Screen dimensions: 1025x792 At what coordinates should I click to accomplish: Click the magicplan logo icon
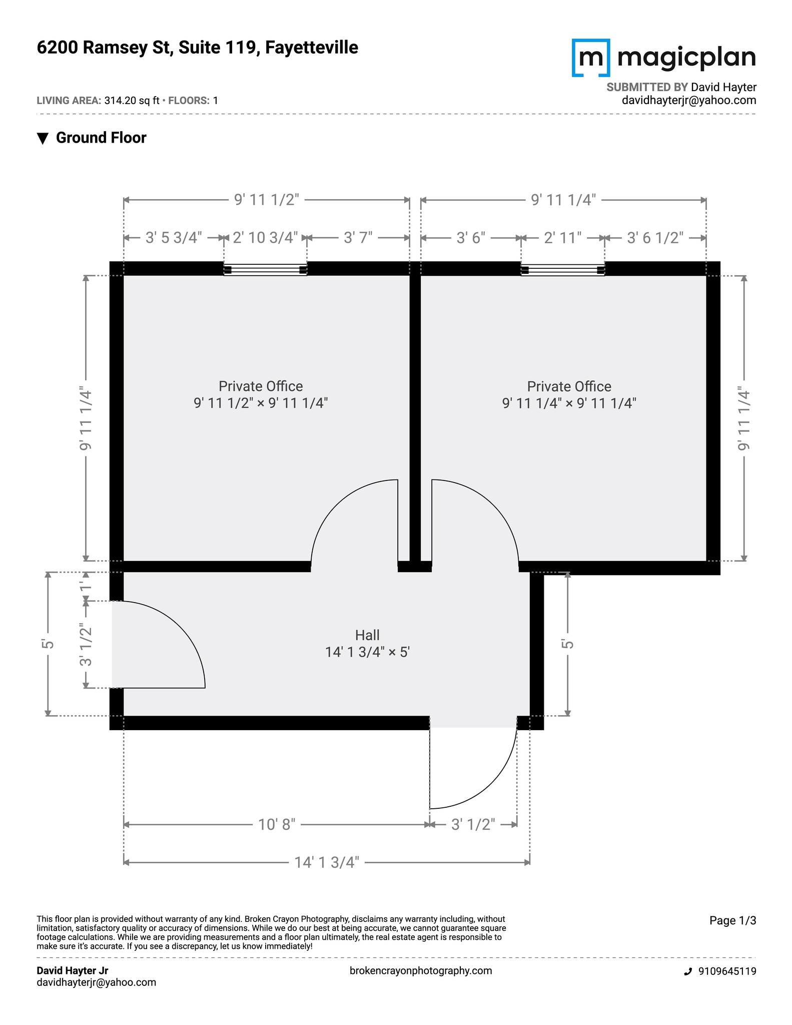[x=591, y=58]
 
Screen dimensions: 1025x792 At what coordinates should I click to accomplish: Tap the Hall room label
[x=367, y=635]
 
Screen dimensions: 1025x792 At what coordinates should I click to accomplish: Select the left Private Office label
[x=261, y=386]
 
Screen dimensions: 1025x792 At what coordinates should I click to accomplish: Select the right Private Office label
[x=569, y=386]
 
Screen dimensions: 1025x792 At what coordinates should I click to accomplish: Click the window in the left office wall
[x=265, y=270]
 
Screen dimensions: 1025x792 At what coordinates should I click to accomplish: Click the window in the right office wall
[x=562, y=270]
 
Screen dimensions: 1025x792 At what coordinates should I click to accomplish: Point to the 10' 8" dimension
[x=277, y=824]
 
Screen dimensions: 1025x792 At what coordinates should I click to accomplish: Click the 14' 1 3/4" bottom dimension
[x=326, y=862]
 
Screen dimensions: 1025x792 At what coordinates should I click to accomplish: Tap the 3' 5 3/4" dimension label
[x=174, y=238]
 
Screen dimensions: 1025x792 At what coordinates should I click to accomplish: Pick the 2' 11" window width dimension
[x=562, y=238]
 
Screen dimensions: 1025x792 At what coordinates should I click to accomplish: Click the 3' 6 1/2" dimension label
[x=655, y=238]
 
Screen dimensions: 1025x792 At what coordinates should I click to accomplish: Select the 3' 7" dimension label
[x=358, y=238]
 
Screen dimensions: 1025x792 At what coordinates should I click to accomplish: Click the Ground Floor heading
[x=101, y=138]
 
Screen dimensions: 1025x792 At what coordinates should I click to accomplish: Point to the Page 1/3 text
[x=732, y=920]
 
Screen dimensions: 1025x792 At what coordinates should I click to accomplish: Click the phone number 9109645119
[x=726, y=971]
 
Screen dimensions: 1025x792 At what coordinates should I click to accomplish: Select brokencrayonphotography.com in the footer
[x=420, y=970]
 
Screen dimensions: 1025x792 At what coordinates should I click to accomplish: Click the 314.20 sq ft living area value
[x=132, y=101]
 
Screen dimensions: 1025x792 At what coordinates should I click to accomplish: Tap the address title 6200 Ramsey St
[x=197, y=48]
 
